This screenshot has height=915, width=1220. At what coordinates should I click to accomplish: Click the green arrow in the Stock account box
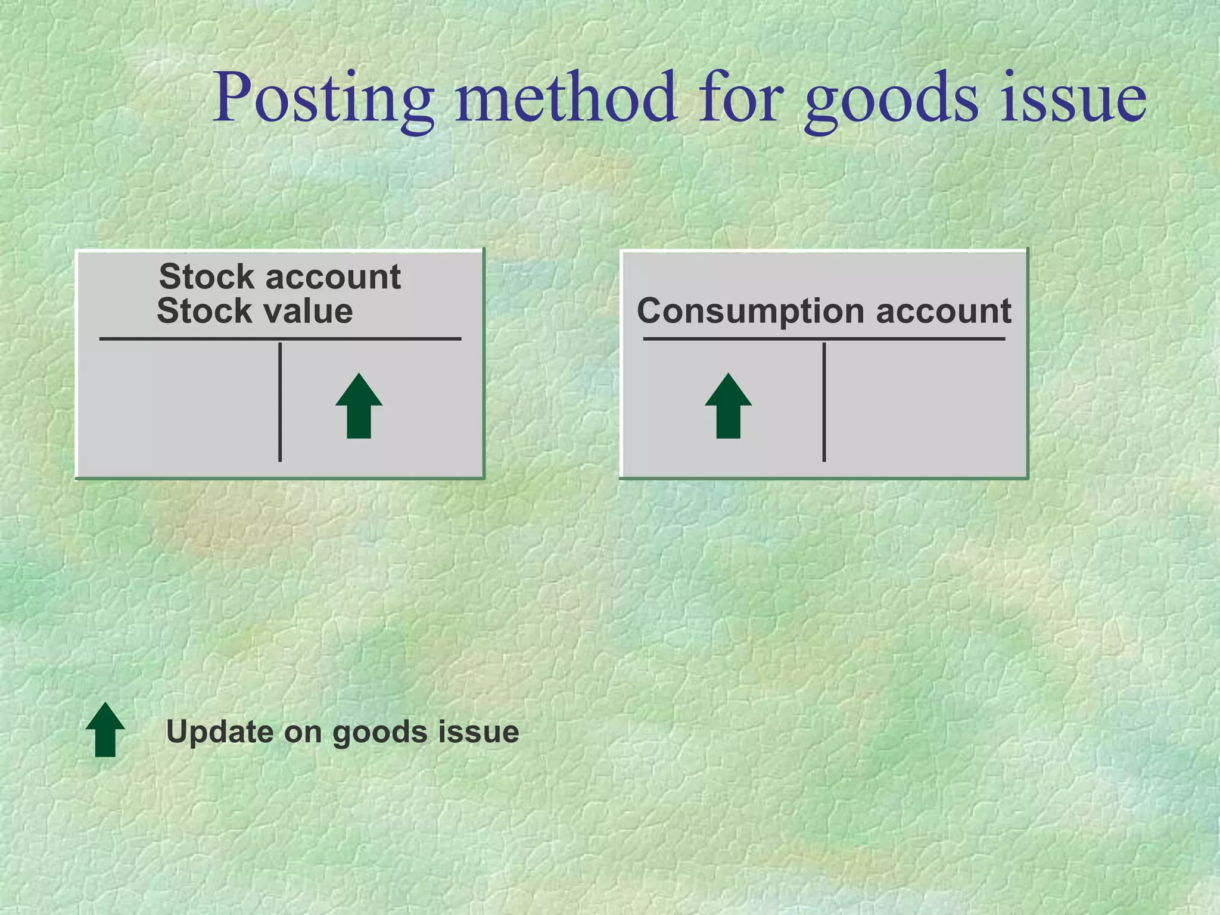click(359, 406)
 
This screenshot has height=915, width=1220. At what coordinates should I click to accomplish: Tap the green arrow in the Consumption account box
click(728, 406)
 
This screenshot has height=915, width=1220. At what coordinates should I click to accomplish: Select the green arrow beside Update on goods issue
click(105, 730)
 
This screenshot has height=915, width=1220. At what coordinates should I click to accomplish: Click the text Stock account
click(280, 276)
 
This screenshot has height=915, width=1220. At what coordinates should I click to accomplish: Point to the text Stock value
click(255, 311)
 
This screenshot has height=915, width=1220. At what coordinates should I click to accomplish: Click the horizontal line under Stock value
click(280, 339)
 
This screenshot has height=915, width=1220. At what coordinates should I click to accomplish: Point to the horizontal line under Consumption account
click(824, 339)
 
